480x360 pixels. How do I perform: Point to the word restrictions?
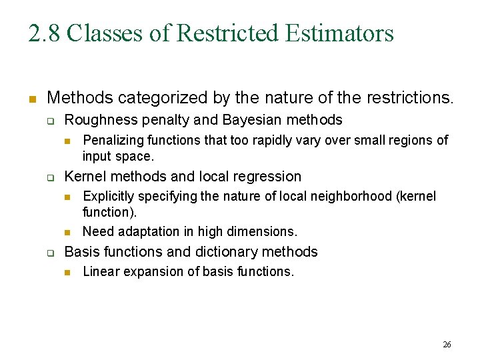coord(404,99)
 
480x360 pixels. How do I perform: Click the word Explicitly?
coord(107,197)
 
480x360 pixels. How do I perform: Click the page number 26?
coord(447,345)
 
